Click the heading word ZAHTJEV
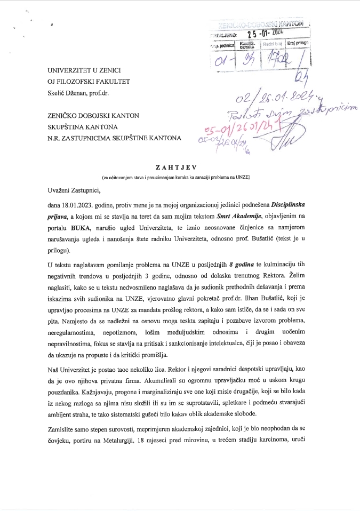click(180, 167)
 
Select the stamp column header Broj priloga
click(298, 43)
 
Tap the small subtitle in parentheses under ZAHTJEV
click(180, 177)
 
